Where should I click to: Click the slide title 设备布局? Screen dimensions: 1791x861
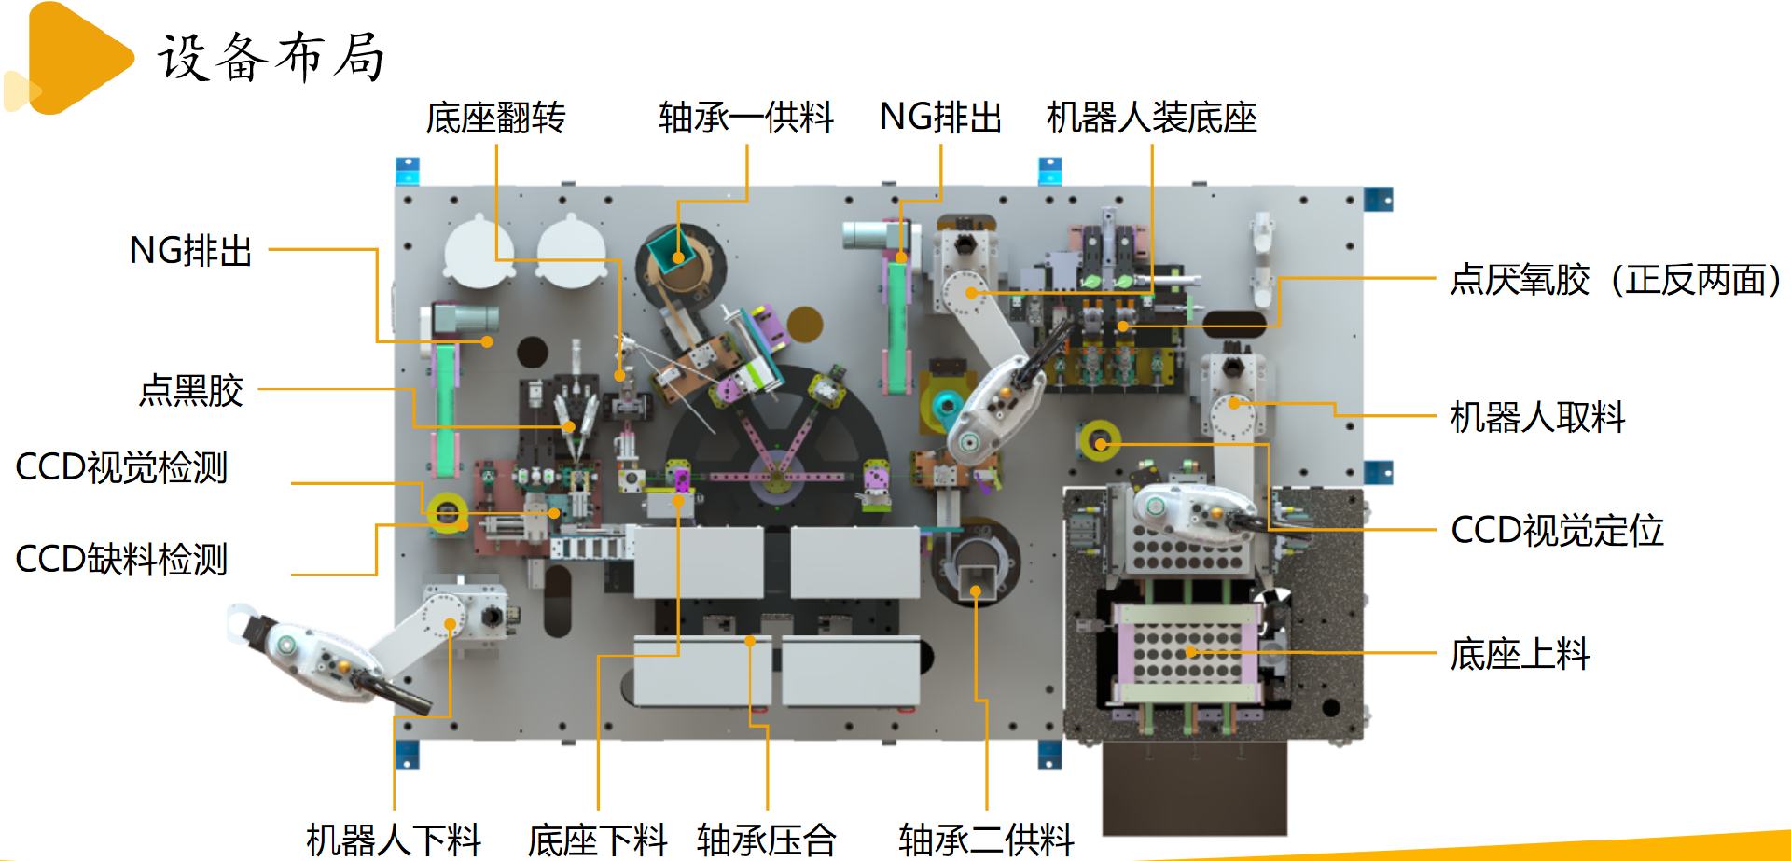[x=271, y=57]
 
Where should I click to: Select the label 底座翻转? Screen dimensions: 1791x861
[x=495, y=118]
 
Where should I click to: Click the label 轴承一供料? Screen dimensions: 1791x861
[x=746, y=118]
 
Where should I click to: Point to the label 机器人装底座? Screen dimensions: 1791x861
[x=1152, y=118]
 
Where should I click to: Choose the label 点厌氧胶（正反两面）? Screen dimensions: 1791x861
[x=1616, y=280]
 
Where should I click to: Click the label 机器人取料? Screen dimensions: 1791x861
[x=1537, y=417]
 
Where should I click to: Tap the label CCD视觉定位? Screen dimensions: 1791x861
[x=1557, y=530]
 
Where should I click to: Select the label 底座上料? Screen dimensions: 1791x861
[x=1520, y=654]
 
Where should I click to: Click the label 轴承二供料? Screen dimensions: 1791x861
[x=986, y=840]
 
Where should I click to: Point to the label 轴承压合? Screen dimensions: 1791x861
[x=766, y=840]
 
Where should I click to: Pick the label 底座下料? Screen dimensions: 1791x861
[x=597, y=840]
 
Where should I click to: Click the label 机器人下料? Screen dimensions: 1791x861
[x=394, y=840]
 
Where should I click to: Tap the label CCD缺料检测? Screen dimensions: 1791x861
[x=121, y=559]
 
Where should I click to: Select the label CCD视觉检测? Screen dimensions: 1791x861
[x=121, y=466]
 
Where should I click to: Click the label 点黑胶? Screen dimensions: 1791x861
[x=191, y=390]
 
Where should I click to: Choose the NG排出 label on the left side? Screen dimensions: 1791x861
[x=190, y=250]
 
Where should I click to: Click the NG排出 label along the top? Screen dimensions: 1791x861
[x=940, y=118]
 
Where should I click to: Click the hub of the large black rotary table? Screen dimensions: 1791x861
[x=776, y=478]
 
